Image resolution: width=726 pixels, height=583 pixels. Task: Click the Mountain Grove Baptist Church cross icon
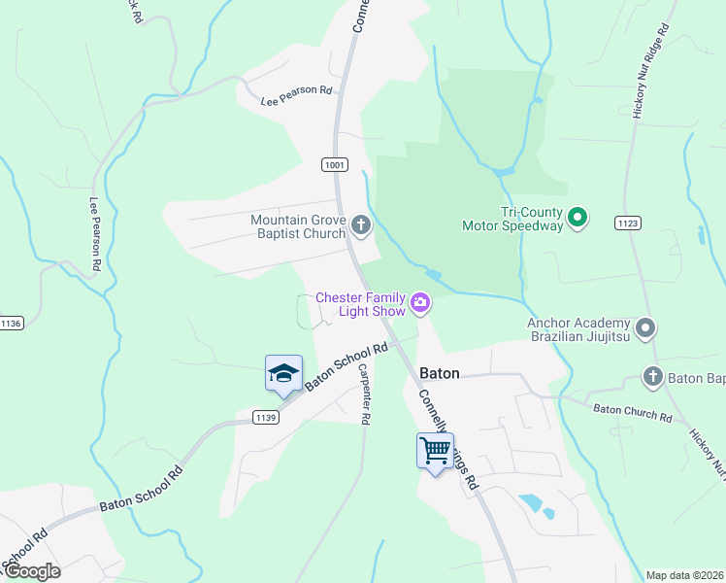pyautogui.click(x=361, y=226)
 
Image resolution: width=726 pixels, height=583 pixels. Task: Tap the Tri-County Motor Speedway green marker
pyautogui.click(x=577, y=217)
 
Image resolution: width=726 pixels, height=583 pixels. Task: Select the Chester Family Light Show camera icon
pyautogui.click(x=420, y=304)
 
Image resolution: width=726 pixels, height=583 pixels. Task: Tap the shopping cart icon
pyautogui.click(x=435, y=449)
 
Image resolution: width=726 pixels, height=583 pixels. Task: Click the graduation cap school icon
pyautogui.click(x=283, y=373)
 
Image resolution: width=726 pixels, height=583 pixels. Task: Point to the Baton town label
pyautogui.click(x=439, y=372)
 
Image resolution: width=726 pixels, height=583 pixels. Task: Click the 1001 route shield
pyautogui.click(x=335, y=165)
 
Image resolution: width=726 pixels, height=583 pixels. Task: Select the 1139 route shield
pyautogui.click(x=265, y=417)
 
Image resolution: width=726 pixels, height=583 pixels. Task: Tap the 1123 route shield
pyautogui.click(x=627, y=223)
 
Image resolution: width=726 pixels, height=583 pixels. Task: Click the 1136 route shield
pyautogui.click(x=11, y=324)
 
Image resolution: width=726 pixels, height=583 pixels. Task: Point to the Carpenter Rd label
pyautogui.click(x=364, y=394)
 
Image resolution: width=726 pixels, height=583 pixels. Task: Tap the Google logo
pyautogui.click(x=31, y=570)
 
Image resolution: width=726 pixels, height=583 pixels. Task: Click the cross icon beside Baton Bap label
pyautogui.click(x=652, y=375)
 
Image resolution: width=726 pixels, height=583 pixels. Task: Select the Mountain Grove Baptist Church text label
pyautogui.click(x=298, y=226)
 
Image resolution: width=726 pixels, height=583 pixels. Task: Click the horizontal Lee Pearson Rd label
pyautogui.click(x=296, y=94)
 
